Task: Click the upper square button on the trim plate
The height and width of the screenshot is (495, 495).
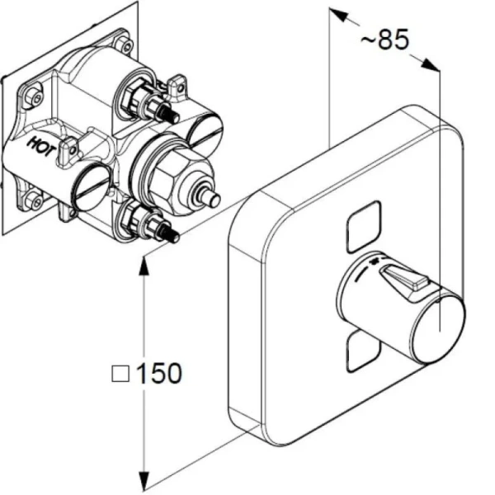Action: pos(361,222)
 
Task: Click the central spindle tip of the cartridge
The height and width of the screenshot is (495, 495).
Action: pos(214,198)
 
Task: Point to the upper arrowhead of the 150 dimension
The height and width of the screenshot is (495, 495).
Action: pos(145,263)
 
